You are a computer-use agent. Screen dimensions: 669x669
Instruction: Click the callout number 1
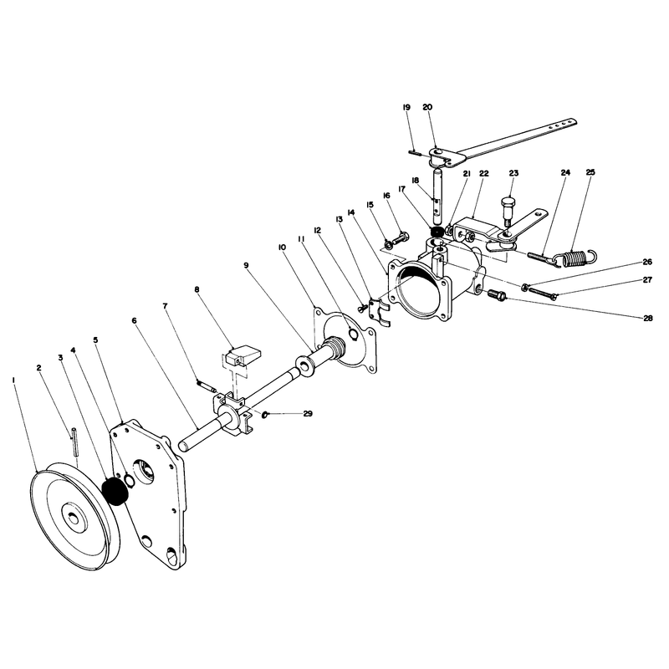click(x=14, y=379)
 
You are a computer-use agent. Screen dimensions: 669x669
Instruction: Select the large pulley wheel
click(x=75, y=515)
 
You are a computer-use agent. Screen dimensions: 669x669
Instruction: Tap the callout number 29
click(x=308, y=413)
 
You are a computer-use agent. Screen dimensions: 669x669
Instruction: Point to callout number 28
click(x=647, y=318)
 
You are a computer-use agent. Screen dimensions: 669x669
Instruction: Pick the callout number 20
click(x=427, y=107)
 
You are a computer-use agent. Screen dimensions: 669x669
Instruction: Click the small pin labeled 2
click(x=74, y=442)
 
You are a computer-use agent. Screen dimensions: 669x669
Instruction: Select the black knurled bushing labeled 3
click(x=116, y=492)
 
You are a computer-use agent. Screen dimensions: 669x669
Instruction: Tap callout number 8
click(x=197, y=289)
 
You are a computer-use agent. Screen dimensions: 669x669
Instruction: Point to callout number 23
click(x=513, y=173)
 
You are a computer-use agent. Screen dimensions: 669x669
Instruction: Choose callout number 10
click(x=282, y=248)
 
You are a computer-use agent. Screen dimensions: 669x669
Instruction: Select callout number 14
click(x=351, y=212)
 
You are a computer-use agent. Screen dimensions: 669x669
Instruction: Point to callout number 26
click(x=647, y=262)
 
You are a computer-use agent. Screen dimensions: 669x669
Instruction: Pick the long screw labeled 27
click(x=543, y=292)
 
